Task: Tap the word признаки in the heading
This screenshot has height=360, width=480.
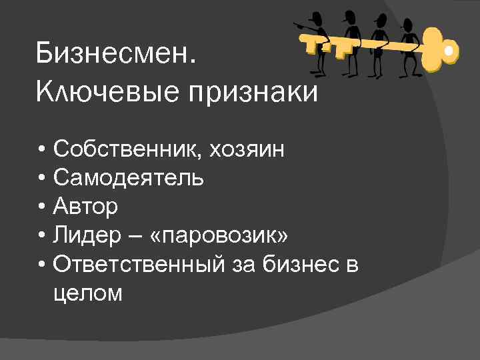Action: [256, 94]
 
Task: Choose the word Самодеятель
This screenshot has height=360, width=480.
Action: [129, 178]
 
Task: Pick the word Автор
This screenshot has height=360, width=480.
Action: [86, 207]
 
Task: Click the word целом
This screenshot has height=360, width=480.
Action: [89, 293]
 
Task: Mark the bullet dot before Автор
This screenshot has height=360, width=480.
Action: [42, 207]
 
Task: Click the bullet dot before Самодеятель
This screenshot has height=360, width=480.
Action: [42, 179]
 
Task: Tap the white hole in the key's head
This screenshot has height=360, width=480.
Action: [450, 51]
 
